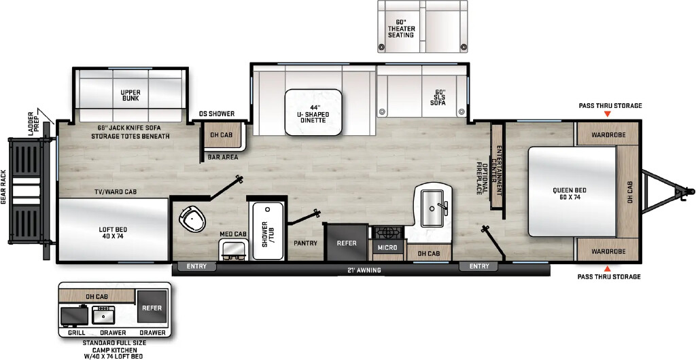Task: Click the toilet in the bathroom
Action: pyautogui.click(x=192, y=218)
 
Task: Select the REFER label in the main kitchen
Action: pyautogui.click(x=347, y=243)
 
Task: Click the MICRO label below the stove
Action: pyautogui.click(x=388, y=247)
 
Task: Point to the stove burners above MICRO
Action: pyautogui.click(x=388, y=232)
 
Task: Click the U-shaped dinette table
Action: pyautogui.click(x=313, y=112)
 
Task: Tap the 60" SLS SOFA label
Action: pyautogui.click(x=438, y=98)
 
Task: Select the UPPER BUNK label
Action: pyautogui.click(x=130, y=95)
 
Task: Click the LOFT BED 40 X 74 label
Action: pyautogui.click(x=114, y=232)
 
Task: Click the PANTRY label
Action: pyautogui.click(x=305, y=243)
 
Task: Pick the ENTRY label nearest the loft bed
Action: pyautogui.click(x=196, y=266)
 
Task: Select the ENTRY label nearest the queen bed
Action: pyautogui.click(x=479, y=266)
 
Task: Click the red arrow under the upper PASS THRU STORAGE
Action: pyautogui.click(x=607, y=114)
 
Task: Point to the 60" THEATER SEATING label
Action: pyautogui.click(x=401, y=28)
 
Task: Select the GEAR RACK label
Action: pyautogui.click(x=3, y=187)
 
